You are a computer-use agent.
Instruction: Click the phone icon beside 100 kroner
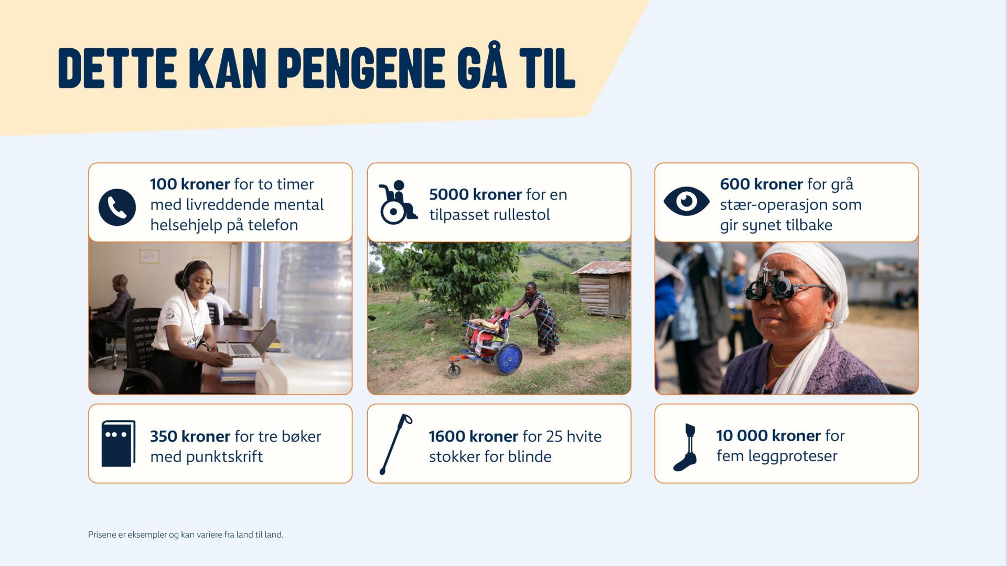point(117,207)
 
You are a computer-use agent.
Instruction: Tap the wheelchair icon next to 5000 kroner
point(398,202)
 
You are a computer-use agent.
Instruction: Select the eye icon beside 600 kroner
point(687,201)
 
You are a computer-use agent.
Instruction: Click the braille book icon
point(118,443)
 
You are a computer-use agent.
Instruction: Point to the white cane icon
point(395,444)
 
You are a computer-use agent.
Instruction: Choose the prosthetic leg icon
point(685,447)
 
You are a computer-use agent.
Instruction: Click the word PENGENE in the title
point(361,68)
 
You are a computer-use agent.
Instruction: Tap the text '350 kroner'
point(190,436)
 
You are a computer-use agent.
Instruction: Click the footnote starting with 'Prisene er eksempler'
point(186,535)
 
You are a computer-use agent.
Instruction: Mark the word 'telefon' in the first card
point(273,225)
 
